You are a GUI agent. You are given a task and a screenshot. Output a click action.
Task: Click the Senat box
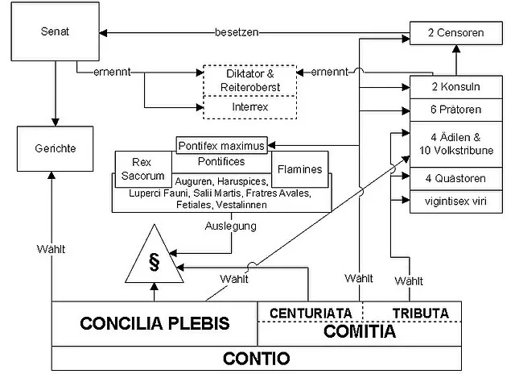(x=54, y=35)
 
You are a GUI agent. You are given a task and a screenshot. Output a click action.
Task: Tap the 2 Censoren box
(x=456, y=33)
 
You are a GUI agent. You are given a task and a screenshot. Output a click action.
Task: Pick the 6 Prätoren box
(x=456, y=109)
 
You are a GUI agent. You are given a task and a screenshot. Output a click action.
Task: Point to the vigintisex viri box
(x=456, y=199)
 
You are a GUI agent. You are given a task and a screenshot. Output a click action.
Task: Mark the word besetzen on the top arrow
(x=239, y=33)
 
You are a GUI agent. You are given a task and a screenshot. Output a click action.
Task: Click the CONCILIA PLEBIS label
(x=155, y=323)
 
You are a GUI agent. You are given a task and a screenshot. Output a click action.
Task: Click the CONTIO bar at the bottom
(x=257, y=357)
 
